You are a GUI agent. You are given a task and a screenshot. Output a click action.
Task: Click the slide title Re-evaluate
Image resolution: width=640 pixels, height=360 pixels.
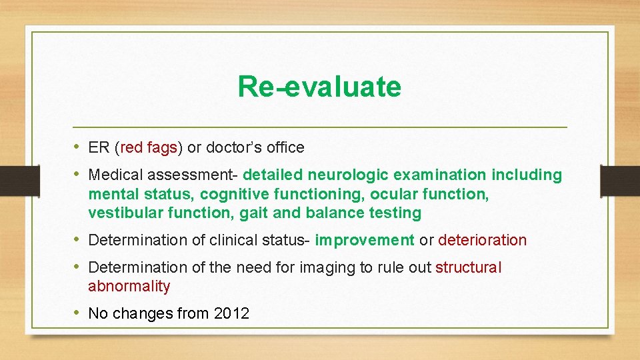[x=319, y=87]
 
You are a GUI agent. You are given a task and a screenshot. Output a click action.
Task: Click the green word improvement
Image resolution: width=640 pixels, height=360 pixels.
[x=365, y=240]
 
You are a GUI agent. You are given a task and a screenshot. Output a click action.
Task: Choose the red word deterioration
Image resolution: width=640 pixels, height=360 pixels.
[x=482, y=240]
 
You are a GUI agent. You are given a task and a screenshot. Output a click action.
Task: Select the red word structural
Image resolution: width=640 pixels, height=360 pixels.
[x=468, y=267]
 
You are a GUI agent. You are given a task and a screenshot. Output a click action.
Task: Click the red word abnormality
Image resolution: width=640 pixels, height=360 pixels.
[x=129, y=287]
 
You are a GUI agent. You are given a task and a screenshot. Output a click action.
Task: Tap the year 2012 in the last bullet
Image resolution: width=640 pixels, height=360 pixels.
[x=231, y=313]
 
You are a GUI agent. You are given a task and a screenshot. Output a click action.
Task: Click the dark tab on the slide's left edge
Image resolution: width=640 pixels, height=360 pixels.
[x=19, y=180]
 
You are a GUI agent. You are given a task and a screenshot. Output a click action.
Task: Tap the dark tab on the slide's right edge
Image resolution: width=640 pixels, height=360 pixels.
[x=620, y=180]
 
